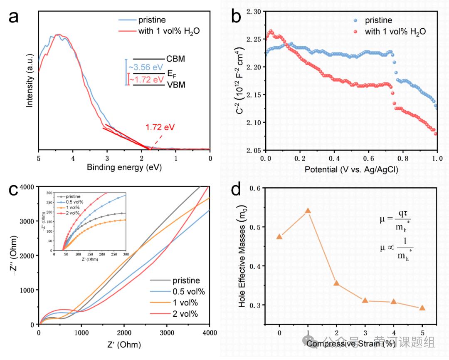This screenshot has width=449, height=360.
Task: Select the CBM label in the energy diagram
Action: (175, 59)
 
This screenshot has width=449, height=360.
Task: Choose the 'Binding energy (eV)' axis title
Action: (124, 167)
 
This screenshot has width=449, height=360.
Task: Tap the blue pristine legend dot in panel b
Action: (355, 20)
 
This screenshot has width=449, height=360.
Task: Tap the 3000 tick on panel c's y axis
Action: (27, 221)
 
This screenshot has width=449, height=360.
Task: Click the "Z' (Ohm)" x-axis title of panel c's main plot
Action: (124, 345)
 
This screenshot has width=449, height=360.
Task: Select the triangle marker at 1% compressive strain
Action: (308, 211)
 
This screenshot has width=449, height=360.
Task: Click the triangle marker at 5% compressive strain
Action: (422, 308)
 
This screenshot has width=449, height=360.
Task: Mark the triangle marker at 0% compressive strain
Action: (279, 237)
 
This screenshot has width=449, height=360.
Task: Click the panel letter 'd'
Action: (236, 190)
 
